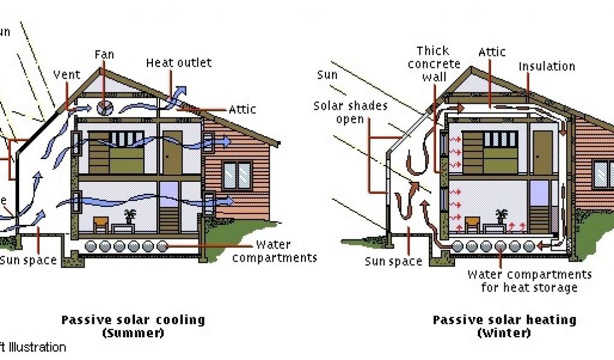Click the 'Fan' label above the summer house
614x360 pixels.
(x=104, y=55)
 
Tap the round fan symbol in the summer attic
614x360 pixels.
(x=104, y=109)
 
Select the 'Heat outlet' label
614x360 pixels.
(x=179, y=62)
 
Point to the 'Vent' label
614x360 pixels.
(x=67, y=75)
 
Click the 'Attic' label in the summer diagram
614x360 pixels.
(x=242, y=109)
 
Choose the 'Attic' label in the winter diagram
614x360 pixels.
(x=492, y=53)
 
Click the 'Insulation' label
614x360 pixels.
(x=547, y=66)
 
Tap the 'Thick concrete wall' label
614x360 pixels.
(x=434, y=64)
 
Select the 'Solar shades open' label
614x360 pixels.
(x=351, y=112)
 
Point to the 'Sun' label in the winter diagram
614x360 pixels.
(x=327, y=75)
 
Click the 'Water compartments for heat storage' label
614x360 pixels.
(x=529, y=281)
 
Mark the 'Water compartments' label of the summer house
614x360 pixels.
(x=274, y=251)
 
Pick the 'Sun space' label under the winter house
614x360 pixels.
(x=393, y=262)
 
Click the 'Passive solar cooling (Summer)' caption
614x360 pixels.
(x=133, y=326)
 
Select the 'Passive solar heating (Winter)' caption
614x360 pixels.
(x=504, y=326)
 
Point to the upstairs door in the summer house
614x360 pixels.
(x=172, y=152)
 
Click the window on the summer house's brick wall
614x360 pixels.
(x=237, y=175)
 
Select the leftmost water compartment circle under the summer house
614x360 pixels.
(x=91, y=246)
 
